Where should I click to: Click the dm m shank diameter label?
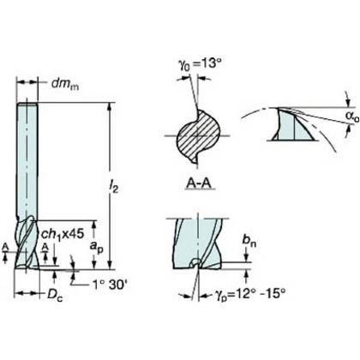[x=65, y=84]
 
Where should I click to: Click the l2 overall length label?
[x=114, y=188]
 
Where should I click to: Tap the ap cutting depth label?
[x=96, y=247]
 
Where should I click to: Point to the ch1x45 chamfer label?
[x=63, y=234]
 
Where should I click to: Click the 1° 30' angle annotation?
[x=110, y=285]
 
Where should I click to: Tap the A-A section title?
[x=199, y=183]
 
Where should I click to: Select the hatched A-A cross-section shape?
[x=199, y=136]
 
